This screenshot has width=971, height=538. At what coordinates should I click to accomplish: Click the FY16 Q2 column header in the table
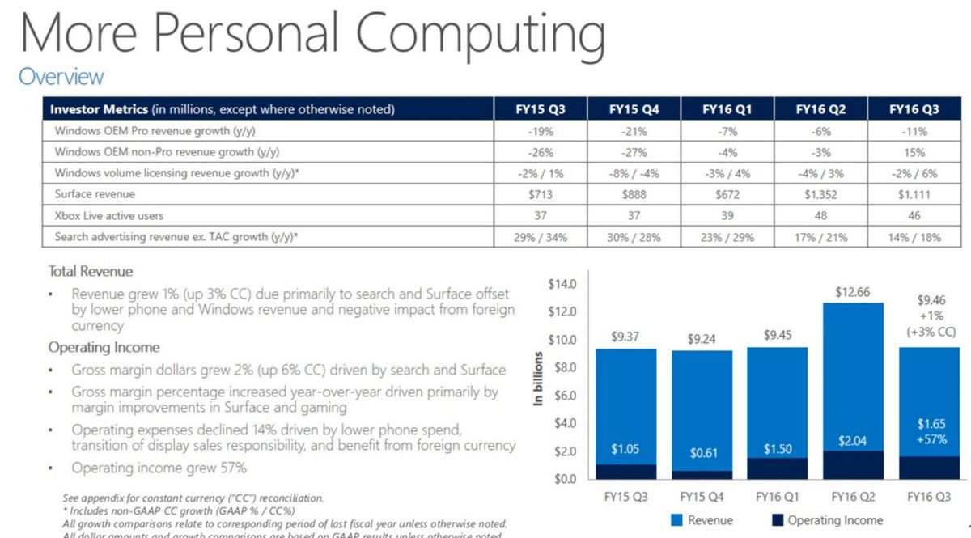click(x=820, y=109)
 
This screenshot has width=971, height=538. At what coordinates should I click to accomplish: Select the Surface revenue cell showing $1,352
click(x=820, y=194)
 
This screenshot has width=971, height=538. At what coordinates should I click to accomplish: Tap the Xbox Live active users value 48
click(x=820, y=215)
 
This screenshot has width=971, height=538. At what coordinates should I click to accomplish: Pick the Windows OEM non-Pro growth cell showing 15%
click(x=914, y=152)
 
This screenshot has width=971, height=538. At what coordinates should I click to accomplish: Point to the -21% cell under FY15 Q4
click(x=634, y=131)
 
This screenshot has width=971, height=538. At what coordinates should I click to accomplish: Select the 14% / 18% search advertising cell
click(x=914, y=237)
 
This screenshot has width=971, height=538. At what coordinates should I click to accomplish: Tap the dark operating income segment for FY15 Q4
click(x=702, y=474)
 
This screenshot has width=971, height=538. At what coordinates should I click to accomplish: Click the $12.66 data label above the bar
click(x=851, y=292)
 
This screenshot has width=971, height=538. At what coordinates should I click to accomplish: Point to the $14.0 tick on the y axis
click(x=562, y=284)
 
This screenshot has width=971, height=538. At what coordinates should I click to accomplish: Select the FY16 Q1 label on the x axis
click(x=776, y=495)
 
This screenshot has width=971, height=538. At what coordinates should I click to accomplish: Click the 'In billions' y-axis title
click(x=538, y=381)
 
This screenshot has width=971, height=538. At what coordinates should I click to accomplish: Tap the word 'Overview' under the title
click(x=61, y=77)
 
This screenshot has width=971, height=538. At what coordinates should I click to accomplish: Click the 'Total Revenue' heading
click(x=91, y=272)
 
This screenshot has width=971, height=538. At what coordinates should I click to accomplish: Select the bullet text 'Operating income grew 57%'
click(x=159, y=468)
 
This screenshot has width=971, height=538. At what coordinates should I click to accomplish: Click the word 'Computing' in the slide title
click(x=480, y=36)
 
